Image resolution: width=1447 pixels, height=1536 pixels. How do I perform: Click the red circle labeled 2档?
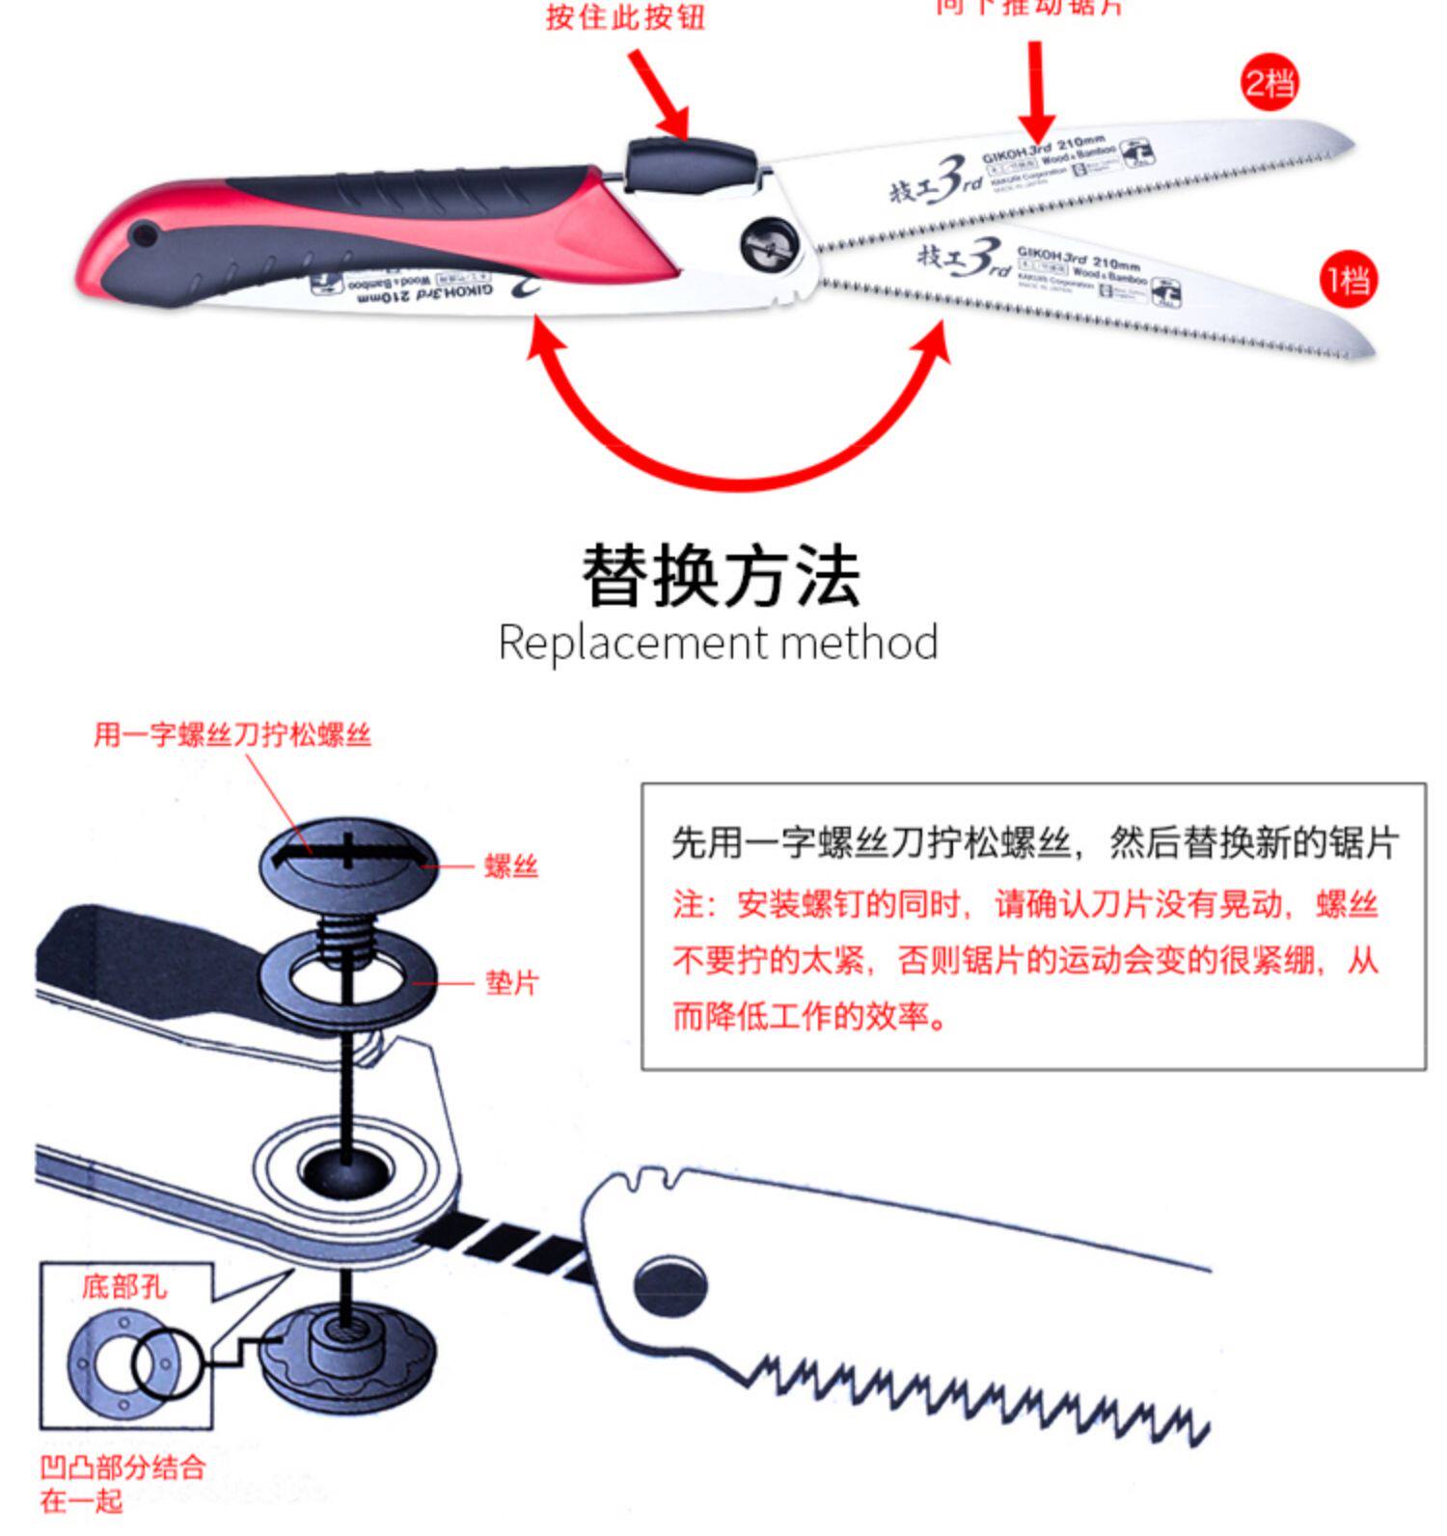[x=1269, y=84]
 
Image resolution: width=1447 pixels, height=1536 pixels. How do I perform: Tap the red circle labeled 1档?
[x=1348, y=281]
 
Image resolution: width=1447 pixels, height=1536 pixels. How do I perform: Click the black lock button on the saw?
[x=687, y=162]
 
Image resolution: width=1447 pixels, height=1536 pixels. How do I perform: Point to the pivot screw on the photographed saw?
[x=769, y=246]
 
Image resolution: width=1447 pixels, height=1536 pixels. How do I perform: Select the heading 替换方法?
[x=721, y=576]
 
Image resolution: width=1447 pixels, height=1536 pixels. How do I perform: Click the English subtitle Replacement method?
[x=719, y=643]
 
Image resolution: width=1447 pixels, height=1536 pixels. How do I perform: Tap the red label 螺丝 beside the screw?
[x=511, y=866]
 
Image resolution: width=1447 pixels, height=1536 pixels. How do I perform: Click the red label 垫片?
[x=511, y=983]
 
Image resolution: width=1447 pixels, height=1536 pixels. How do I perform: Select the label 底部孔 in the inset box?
[x=123, y=1286]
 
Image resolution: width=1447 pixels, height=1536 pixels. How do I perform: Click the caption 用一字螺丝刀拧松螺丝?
[x=232, y=735]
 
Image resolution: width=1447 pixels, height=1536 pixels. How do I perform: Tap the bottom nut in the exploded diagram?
[x=348, y=1351]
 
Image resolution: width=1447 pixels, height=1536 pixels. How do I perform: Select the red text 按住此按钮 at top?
[x=625, y=16]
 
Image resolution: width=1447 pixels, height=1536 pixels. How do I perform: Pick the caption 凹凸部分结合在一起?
[x=123, y=1484]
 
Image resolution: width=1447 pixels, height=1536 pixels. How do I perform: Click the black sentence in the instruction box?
[x=1034, y=842]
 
